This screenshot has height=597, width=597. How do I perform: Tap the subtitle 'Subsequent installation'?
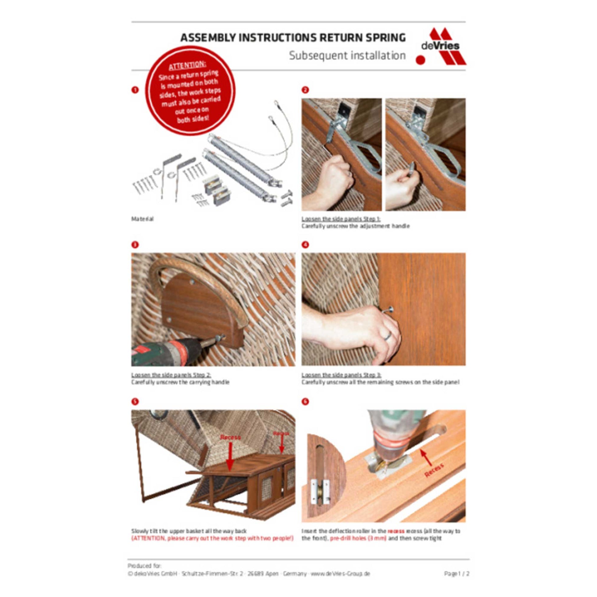point(347,56)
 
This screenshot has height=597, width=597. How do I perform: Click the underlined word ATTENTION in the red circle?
point(187,66)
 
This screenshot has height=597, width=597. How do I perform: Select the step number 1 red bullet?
point(135,90)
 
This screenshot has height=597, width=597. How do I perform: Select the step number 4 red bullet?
point(305,245)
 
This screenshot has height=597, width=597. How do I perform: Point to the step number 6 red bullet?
point(305,402)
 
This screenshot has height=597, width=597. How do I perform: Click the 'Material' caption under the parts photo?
point(142,219)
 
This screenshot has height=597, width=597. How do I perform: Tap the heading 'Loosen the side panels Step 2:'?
point(171,375)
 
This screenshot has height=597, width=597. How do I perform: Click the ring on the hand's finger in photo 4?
point(387,335)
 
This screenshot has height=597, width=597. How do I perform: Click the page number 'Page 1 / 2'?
point(456,573)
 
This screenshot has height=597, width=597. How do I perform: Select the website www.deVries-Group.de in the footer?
point(340,573)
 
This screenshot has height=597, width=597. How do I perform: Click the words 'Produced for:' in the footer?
point(144,565)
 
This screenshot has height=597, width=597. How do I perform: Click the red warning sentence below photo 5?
point(212,538)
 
